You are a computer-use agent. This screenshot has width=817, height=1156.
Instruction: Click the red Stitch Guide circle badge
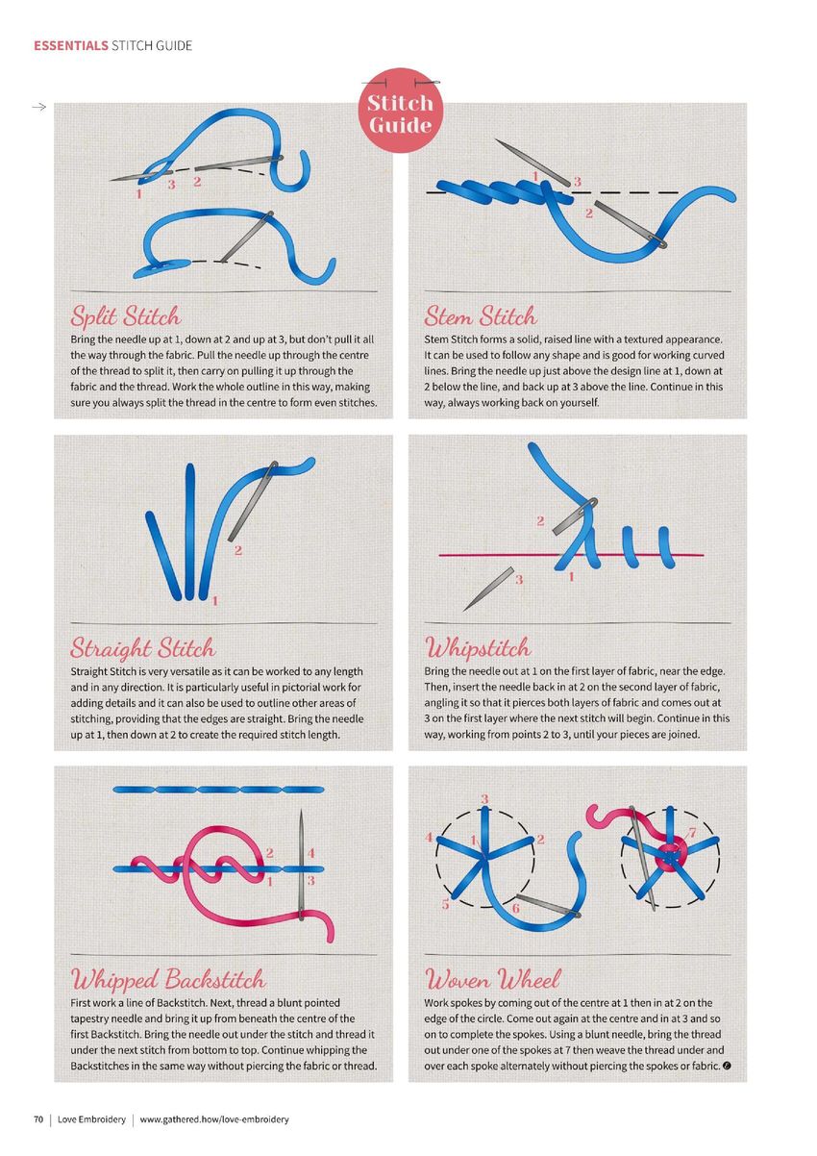coord(400,111)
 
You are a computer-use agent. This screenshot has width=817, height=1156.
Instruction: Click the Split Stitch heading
coord(125,315)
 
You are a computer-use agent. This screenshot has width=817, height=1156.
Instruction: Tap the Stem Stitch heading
coord(481,315)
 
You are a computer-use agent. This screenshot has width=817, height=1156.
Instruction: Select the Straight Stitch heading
coord(142,648)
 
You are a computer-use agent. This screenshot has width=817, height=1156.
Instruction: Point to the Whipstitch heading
coord(478,647)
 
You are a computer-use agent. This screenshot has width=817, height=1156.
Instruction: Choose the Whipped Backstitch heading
coord(168,979)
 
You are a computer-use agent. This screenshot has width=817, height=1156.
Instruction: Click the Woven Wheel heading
coord(492,979)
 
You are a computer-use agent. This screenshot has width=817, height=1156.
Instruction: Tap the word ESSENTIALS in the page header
coord(71,46)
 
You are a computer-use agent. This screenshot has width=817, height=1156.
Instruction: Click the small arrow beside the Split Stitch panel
coord(39,107)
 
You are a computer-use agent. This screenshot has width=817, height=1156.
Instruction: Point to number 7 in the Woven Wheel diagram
coord(692,833)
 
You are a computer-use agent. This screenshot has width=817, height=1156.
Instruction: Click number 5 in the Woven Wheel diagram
coord(446,905)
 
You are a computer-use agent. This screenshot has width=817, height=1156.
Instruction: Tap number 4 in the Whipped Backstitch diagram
coord(311,854)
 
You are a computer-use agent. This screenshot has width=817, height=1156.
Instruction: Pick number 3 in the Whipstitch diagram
coord(519,580)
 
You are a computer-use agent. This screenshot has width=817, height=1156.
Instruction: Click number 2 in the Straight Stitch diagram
coord(237,551)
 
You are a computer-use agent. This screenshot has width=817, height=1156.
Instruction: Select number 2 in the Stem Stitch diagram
coord(589,214)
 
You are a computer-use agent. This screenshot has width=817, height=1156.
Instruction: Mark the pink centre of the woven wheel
coord(671,856)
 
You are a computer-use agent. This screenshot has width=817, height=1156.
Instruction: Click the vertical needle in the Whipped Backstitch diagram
coord(301,866)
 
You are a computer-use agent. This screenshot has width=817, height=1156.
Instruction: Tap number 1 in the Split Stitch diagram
coord(138,194)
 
